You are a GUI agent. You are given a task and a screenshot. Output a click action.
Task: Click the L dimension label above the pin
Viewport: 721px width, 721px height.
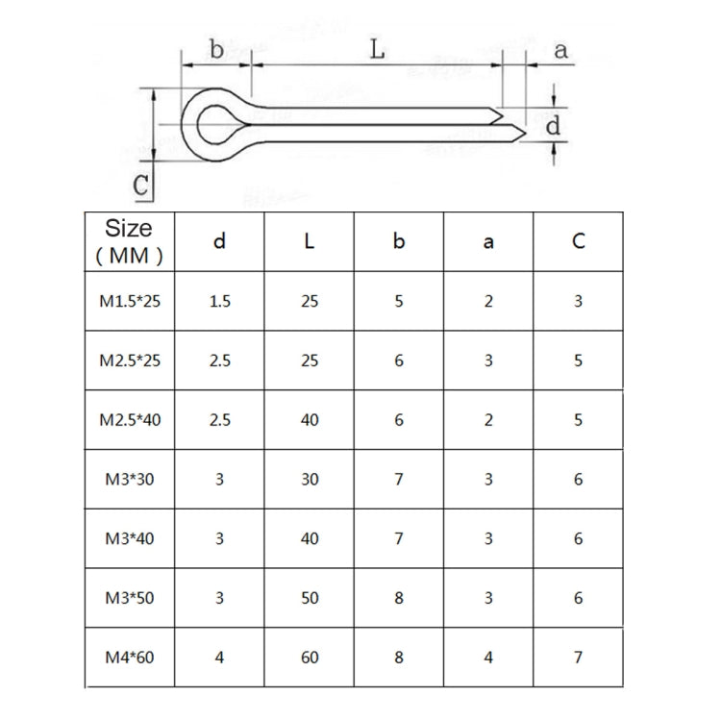pos(378,50)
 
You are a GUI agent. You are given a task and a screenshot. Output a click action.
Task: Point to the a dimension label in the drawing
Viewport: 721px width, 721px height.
pos(560,51)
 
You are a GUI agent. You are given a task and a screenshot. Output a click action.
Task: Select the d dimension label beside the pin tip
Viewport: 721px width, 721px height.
pos(553,125)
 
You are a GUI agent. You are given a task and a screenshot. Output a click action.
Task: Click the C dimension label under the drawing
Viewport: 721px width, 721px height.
pos(141,185)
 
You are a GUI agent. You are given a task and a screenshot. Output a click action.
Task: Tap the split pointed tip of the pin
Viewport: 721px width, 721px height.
pos(510,123)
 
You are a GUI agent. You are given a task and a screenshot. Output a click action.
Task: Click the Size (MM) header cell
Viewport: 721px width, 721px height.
pos(130,240)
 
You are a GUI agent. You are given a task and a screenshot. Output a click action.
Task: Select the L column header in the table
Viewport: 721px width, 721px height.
pos(309,241)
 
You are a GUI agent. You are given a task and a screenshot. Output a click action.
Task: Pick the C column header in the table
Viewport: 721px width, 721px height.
pos(578,241)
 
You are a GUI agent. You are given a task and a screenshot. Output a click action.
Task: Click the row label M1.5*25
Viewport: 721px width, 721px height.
pos(131,301)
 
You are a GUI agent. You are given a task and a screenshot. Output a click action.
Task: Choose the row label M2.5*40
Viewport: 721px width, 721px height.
pos(131,420)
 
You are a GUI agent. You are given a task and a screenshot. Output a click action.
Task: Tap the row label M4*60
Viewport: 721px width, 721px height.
pos(131,659)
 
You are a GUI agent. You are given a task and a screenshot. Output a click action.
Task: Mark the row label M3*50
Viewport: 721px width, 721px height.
pos(131,599)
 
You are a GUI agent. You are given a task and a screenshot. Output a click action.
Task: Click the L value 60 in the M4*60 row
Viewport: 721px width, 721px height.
pos(309,659)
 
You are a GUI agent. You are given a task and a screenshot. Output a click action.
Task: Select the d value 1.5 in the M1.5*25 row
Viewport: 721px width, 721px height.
pos(219,301)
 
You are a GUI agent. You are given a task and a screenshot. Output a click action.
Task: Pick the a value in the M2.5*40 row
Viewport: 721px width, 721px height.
pos(488,420)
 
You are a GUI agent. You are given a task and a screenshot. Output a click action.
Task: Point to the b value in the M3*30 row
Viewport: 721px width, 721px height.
pos(399,480)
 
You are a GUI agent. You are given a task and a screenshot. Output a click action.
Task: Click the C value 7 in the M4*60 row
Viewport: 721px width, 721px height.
pos(578,659)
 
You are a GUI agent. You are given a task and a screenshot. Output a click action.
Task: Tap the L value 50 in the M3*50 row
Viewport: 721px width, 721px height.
pos(309,599)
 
